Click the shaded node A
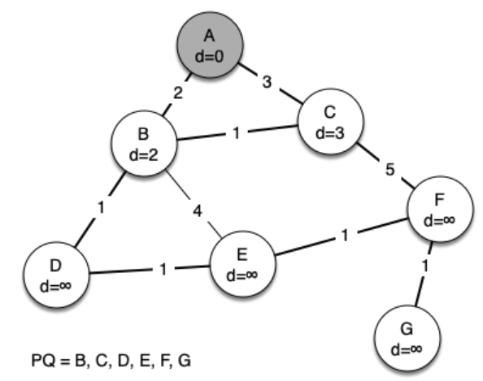[x=210, y=45]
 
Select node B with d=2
[x=144, y=144]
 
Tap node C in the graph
[x=330, y=121]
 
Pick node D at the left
[x=56, y=275]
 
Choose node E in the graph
[x=243, y=264]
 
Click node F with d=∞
[x=440, y=210]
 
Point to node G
[x=407, y=338]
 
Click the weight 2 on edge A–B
[x=178, y=93]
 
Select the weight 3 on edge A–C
[x=267, y=82]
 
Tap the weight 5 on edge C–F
[x=390, y=170]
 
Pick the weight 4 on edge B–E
[x=198, y=211]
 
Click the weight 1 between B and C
[x=237, y=133]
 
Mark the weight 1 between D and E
[x=163, y=269]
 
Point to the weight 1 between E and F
[x=345, y=236]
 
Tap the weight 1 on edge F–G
[x=425, y=266]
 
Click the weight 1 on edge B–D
[x=101, y=208]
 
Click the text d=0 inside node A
[x=210, y=57]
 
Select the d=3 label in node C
[x=330, y=133]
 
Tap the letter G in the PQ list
[x=185, y=361]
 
